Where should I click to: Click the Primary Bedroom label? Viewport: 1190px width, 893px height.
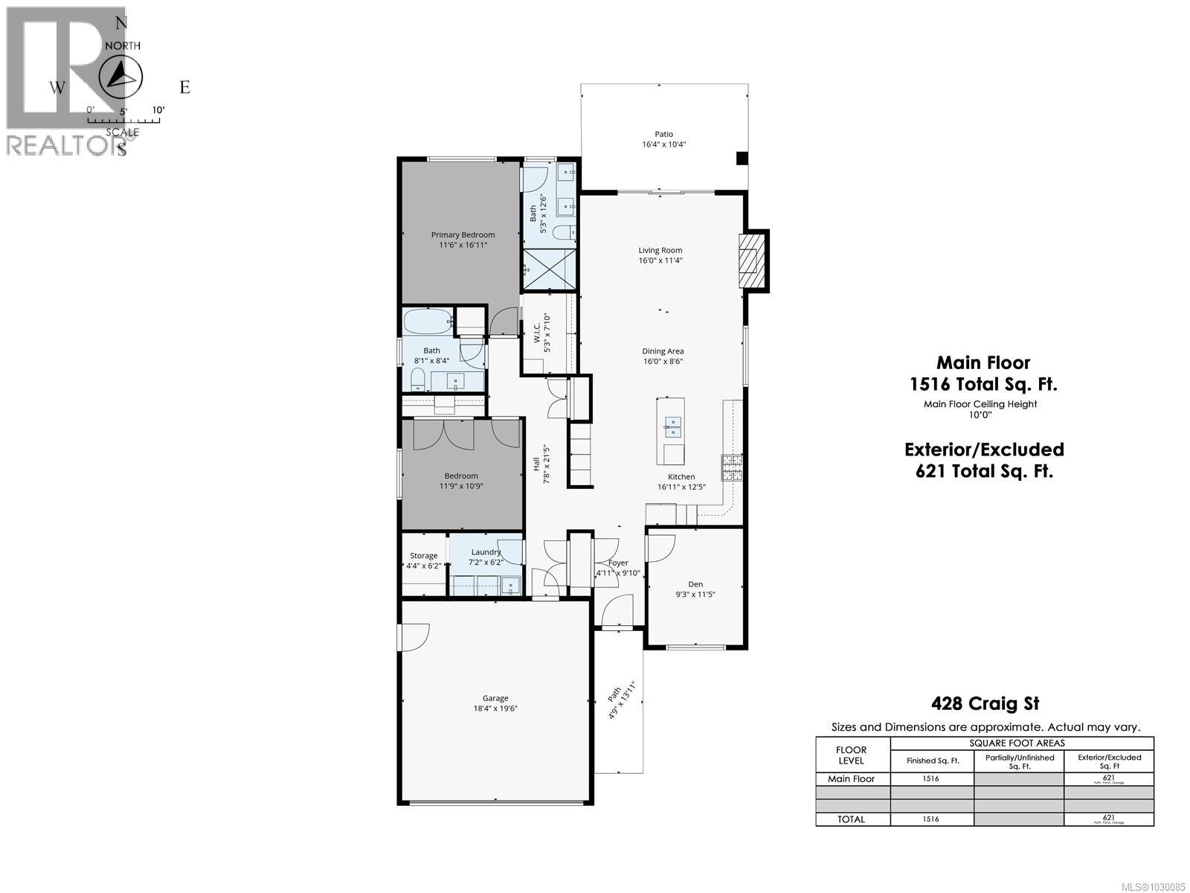click(463, 234)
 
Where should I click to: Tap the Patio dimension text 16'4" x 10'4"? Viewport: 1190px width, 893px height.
click(663, 144)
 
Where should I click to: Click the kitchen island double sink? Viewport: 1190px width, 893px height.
click(672, 427)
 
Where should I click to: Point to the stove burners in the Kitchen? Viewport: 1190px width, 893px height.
click(730, 467)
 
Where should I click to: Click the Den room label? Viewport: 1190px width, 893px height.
click(695, 584)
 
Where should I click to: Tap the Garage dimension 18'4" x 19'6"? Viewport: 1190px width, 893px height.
click(495, 708)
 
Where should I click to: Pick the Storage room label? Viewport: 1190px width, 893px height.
click(424, 556)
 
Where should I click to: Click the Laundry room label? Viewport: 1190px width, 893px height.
click(486, 552)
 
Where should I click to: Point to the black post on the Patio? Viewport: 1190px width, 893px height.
click(741, 158)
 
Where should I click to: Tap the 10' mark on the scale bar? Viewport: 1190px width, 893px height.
click(158, 110)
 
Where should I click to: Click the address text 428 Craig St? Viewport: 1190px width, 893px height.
click(985, 703)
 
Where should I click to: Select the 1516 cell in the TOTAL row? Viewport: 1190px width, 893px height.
click(930, 819)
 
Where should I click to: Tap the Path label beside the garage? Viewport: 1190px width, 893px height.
click(614, 694)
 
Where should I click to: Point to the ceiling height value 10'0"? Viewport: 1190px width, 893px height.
click(980, 415)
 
